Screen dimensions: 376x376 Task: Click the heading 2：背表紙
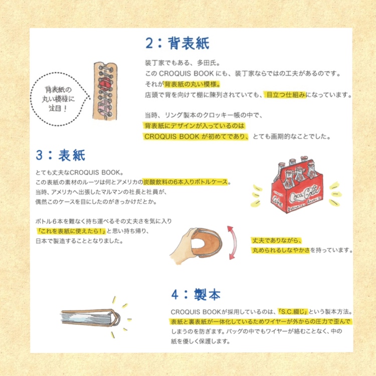(x=177, y=44)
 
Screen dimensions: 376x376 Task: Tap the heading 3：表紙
(x=61, y=155)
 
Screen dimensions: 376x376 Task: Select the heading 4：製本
(x=196, y=294)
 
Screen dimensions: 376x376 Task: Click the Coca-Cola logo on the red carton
(x=304, y=194)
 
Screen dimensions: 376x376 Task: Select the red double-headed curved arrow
(x=232, y=243)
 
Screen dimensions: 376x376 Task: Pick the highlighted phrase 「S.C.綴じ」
(x=293, y=312)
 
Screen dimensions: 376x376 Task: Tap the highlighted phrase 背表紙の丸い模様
(x=192, y=84)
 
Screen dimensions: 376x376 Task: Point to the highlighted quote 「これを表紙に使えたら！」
(x=71, y=231)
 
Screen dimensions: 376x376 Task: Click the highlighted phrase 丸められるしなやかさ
(x=281, y=250)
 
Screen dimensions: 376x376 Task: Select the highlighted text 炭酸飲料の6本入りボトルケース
(x=185, y=182)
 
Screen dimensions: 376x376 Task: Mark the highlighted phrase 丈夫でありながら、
(x=277, y=241)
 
